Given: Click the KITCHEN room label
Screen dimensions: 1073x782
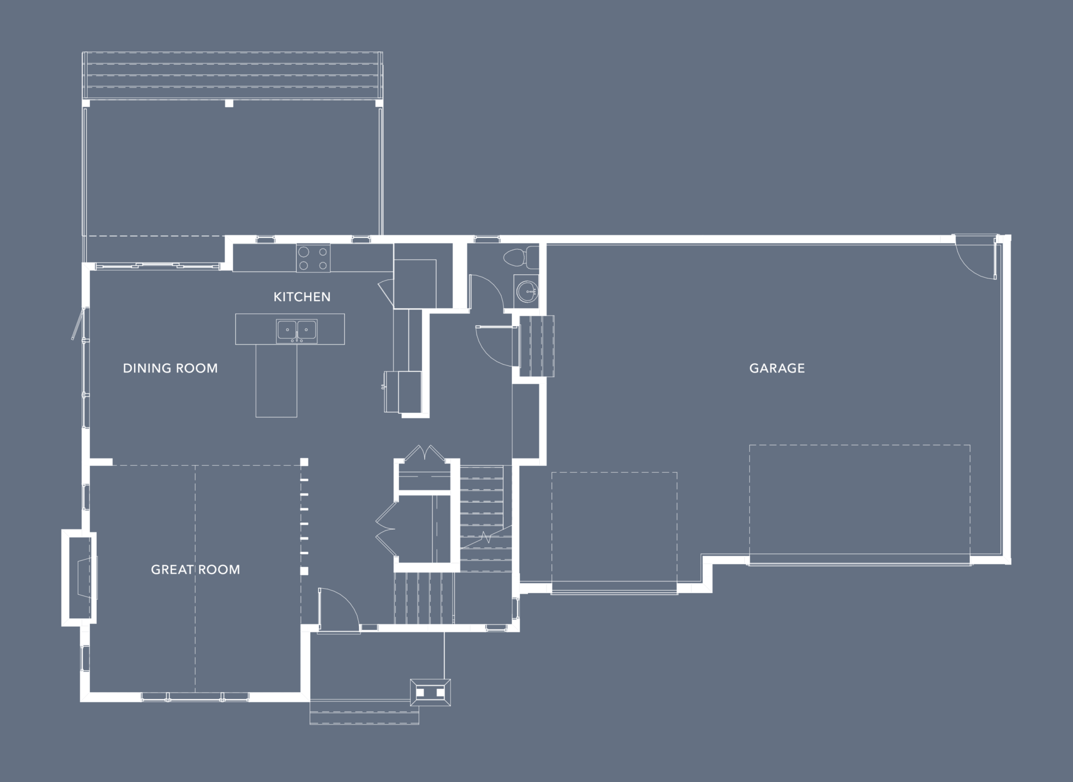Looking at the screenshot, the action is click(x=302, y=297).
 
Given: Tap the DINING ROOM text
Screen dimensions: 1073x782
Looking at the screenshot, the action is click(x=170, y=368).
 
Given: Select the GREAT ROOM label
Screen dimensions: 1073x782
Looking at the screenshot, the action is click(x=196, y=569).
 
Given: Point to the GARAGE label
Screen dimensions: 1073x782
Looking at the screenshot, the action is click(x=777, y=368).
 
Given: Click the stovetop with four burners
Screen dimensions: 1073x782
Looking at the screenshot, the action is click(x=313, y=259).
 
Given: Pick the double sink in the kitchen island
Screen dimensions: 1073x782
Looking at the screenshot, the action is click(x=297, y=331).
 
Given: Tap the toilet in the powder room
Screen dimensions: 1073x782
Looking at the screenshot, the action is click(x=521, y=258).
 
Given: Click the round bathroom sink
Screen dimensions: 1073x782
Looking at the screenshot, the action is click(x=527, y=291).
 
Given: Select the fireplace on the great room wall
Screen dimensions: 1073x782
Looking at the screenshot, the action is click(x=79, y=578).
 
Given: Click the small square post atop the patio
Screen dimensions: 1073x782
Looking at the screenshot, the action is click(x=229, y=103).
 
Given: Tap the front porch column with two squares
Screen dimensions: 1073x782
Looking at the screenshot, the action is click(x=430, y=693).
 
